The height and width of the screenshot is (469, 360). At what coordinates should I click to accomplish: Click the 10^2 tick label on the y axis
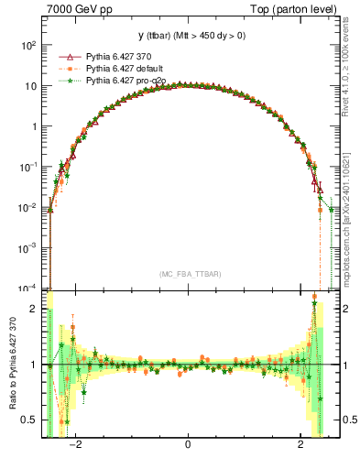click(x=29, y=45)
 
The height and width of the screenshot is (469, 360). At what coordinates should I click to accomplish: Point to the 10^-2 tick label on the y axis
click(x=28, y=207)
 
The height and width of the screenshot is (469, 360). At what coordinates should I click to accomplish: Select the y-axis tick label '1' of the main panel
click(x=35, y=126)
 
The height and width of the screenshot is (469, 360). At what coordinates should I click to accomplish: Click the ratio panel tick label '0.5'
click(x=31, y=420)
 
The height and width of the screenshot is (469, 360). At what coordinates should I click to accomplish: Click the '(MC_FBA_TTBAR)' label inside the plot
click(x=190, y=274)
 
